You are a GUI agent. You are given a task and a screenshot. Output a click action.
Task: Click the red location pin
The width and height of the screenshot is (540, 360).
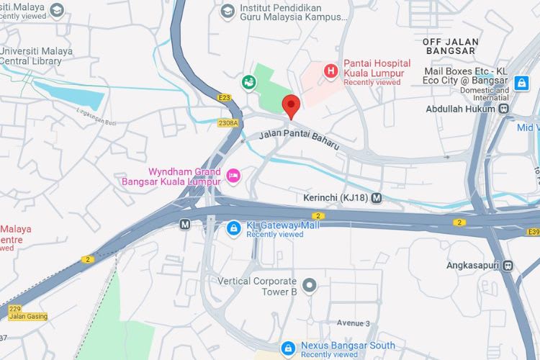click(291, 106)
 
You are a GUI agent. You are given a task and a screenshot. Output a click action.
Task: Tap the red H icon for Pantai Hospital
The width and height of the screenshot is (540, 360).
click(330, 71)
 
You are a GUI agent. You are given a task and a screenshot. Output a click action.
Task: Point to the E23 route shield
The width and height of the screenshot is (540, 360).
click(223, 96)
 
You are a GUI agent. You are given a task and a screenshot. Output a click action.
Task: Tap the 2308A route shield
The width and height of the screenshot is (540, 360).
click(228, 123)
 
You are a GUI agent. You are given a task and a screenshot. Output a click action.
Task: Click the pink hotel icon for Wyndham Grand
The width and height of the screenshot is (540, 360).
click(233, 176)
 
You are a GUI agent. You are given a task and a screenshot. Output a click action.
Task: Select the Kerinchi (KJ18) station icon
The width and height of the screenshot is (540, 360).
click(377, 197)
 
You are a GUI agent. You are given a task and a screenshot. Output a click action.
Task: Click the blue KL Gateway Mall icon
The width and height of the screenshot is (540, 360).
click(233, 228)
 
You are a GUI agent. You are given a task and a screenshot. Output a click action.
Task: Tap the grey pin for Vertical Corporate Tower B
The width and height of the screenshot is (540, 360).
click(310, 286)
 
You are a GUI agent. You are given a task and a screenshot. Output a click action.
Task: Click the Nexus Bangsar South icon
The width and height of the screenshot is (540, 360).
click(288, 348)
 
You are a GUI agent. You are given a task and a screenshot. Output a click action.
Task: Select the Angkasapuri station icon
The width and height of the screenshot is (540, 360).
click(508, 265)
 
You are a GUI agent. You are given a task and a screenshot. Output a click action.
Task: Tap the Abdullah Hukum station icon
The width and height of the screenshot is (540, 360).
click(503, 109)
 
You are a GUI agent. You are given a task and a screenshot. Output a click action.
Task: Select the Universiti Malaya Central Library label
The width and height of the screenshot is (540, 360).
click(36, 56)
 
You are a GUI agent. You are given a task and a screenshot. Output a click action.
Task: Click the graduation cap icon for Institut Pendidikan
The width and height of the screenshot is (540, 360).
click(228, 11)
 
